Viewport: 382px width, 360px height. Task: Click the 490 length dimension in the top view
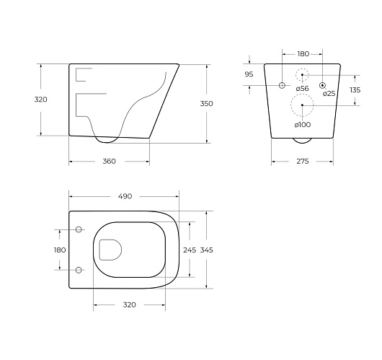(125, 196)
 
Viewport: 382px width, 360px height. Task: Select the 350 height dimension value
(206, 104)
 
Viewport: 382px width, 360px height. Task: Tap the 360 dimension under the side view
(109, 161)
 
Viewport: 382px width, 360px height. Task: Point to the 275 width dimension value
(303, 161)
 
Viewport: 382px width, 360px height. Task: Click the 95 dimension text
(249, 74)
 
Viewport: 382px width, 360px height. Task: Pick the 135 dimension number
(355, 90)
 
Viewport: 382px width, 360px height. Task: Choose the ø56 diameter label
(302, 89)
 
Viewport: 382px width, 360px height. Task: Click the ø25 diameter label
(329, 93)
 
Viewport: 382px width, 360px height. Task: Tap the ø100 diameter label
(302, 125)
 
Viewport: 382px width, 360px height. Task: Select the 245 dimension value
(190, 250)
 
